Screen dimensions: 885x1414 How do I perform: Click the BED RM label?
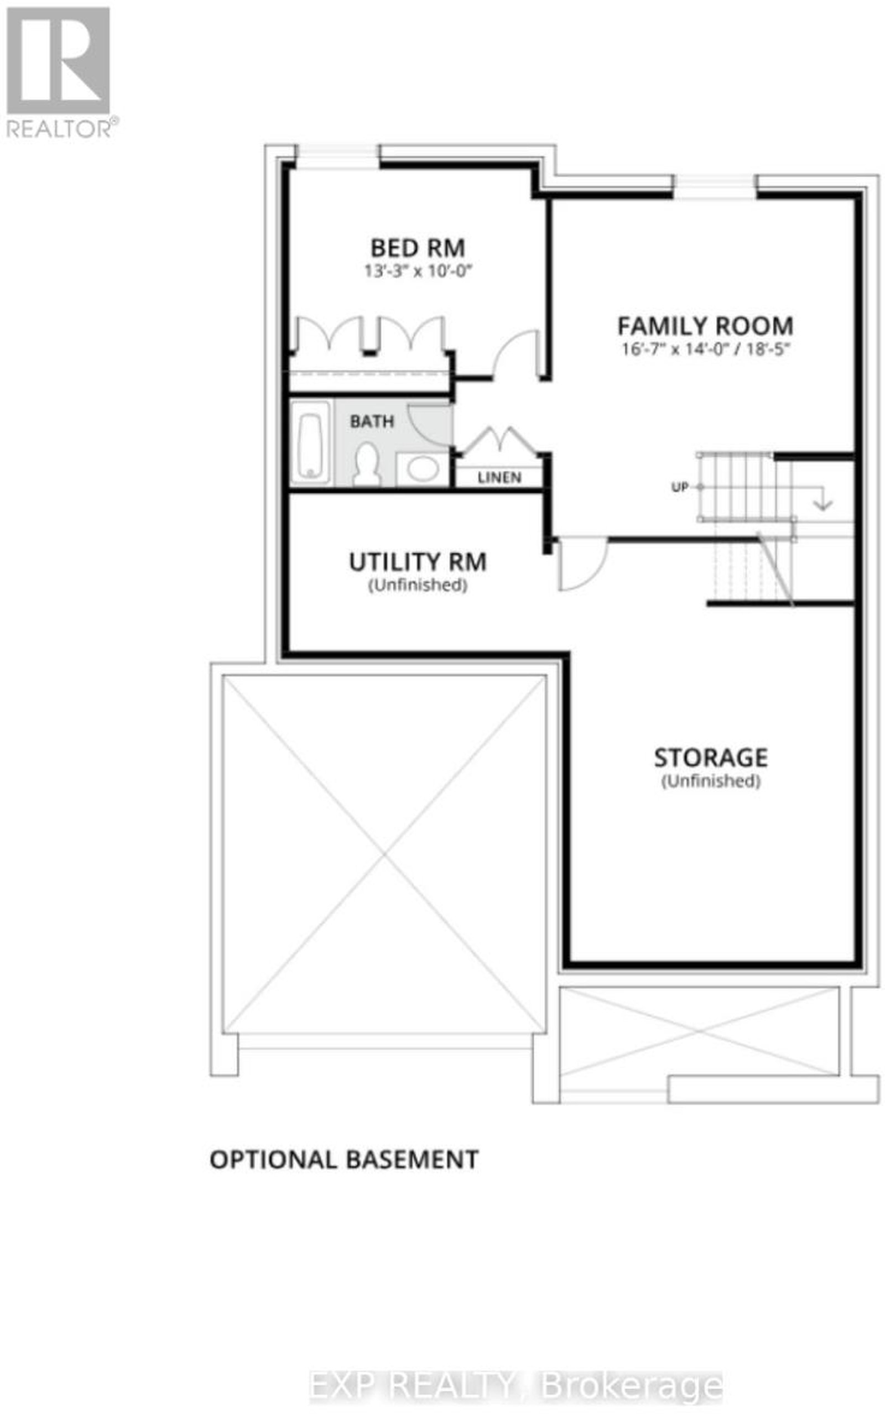pos(418,248)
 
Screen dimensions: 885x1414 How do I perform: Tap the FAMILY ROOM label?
pos(705,326)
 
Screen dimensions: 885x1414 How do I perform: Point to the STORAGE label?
pos(711,758)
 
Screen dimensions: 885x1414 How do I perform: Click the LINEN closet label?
pos(499,477)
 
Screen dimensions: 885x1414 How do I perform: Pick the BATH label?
pos(372,421)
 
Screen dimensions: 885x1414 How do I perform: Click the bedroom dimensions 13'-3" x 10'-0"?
pos(418,272)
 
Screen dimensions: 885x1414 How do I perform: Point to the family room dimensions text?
pos(706,349)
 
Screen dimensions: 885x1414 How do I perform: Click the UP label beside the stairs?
pos(680,487)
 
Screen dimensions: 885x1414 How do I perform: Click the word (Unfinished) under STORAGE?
pos(711,781)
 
